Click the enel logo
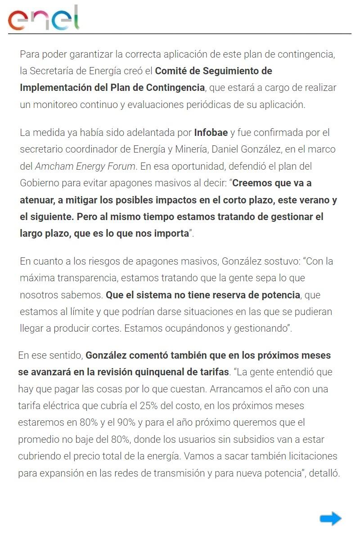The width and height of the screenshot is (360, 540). [x=43, y=18]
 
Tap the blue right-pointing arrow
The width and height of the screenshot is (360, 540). [x=331, y=518]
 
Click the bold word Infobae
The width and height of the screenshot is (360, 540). [x=211, y=133]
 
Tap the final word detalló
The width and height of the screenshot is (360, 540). [x=324, y=473]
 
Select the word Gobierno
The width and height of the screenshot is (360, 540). [x=40, y=183]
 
